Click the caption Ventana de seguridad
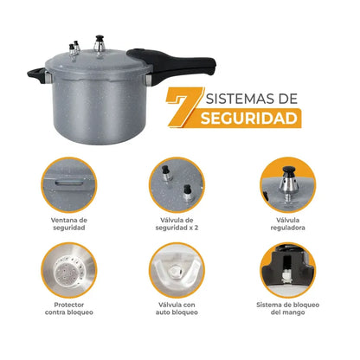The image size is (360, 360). tap(68, 223)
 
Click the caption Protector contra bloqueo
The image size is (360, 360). tap(68, 310)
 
